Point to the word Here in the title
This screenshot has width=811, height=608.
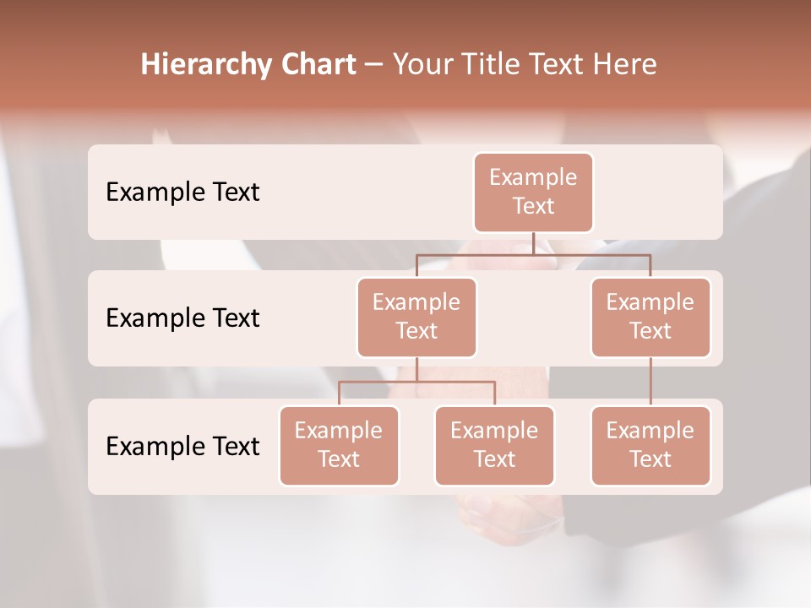click(624, 64)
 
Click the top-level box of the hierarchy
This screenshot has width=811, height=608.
click(533, 192)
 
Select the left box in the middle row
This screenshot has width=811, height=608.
click(416, 317)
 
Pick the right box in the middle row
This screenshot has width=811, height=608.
click(650, 317)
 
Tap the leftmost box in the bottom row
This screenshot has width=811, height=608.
click(339, 445)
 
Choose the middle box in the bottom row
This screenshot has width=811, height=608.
click(494, 445)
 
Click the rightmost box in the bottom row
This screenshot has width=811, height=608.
click(650, 445)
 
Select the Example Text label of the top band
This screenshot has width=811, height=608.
click(182, 192)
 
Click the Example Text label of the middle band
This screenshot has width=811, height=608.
click(182, 318)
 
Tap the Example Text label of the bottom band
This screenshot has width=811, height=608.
click(182, 446)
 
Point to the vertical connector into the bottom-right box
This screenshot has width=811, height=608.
click(650, 382)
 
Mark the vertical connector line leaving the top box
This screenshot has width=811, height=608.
click(533, 243)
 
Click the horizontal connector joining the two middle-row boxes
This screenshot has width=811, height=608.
click(533, 253)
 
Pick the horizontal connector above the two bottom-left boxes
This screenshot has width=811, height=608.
click(416, 382)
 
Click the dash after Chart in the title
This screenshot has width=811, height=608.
click(373, 65)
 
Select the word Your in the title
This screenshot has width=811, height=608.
click(419, 64)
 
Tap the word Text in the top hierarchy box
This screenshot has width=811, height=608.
click(533, 206)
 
